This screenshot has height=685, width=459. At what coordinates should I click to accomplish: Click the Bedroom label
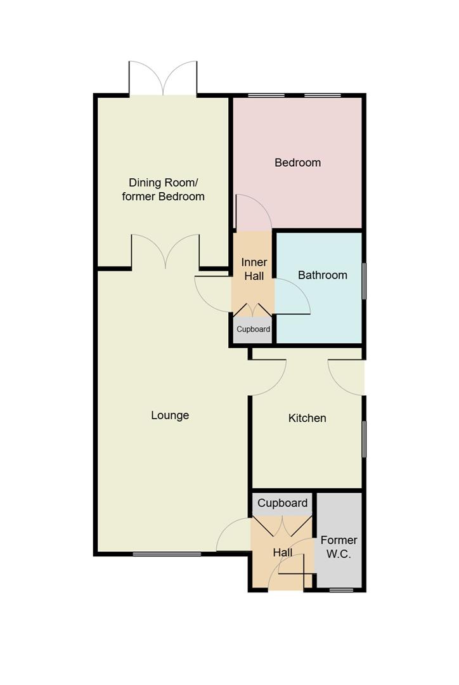point(297,162)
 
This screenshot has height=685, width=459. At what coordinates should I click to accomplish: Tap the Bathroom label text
point(322,275)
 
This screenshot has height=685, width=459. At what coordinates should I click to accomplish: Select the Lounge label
point(170,415)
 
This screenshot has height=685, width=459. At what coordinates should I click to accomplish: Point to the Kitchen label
point(307,418)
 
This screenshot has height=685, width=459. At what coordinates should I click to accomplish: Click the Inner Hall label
point(254,269)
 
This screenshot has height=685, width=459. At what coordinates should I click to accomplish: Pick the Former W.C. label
point(339,547)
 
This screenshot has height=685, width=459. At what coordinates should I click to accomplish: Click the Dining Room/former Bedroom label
point(163,189)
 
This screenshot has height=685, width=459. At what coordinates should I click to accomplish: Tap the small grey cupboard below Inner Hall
point(253,330)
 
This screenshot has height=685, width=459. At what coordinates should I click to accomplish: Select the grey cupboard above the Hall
point(282,503)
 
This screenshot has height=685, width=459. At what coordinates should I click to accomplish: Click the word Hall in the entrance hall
point(283,553)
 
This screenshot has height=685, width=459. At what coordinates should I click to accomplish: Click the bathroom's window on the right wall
point(363,280)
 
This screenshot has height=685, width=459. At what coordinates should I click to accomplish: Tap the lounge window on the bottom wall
point(167,554)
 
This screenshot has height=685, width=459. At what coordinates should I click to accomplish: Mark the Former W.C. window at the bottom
point(341,590)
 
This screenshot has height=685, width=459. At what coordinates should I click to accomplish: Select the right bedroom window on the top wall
point(323,96)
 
